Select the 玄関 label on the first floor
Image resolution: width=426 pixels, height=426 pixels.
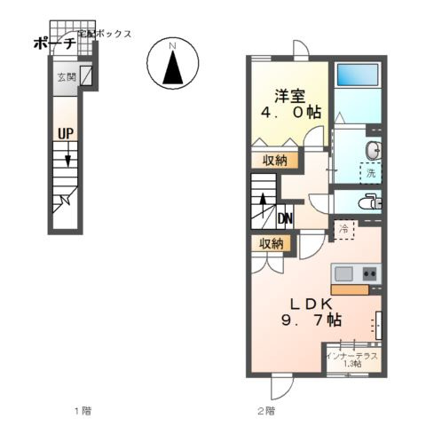[67, 77]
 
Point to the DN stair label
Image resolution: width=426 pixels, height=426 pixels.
[286, 218]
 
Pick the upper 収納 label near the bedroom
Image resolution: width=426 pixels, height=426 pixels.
[272, 161]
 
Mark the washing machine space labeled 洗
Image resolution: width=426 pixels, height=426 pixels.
[369, 174]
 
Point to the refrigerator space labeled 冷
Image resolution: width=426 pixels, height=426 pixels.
[343, 230]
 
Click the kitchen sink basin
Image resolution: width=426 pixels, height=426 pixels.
[343, 273]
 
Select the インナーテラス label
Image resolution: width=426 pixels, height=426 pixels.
[351, 357]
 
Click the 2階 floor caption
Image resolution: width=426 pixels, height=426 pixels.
[265, 410]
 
